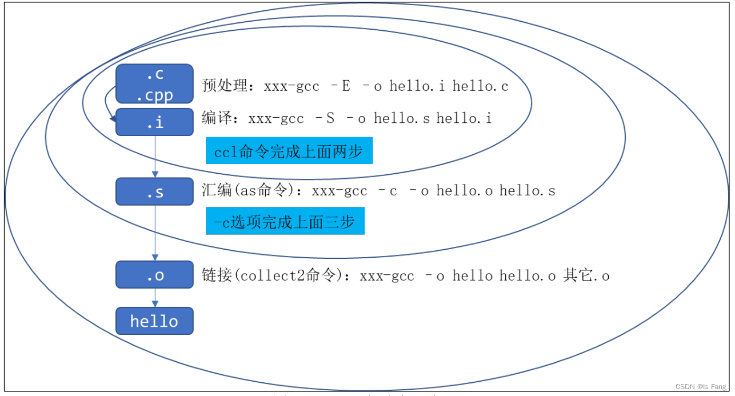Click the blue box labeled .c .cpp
(154, 83)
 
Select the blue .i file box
(154, 122)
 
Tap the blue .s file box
(154, 191)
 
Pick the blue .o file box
(154, 275)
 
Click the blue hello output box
(154, 321)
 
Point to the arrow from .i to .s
(155, 157)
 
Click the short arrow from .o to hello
(155, 298)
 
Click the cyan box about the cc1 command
(289, 151)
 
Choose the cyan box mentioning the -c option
(285, 221)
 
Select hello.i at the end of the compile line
(464, 118)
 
